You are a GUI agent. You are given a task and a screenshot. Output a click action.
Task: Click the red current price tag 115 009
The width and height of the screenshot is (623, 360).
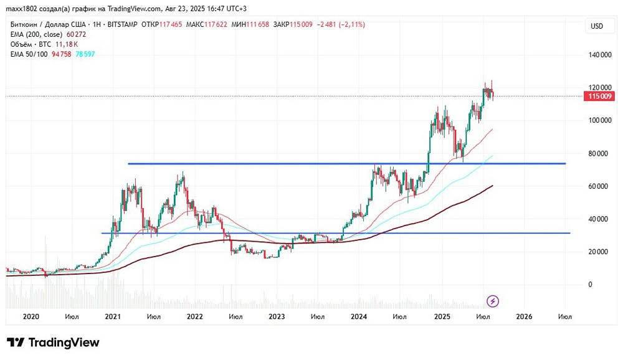pos(599,97)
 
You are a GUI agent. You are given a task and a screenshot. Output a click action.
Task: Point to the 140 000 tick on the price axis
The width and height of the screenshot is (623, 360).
pos(599,55)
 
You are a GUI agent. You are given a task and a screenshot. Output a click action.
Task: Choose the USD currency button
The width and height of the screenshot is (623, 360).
pos(597,26)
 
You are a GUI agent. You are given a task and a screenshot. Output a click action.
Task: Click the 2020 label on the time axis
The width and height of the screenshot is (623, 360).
pos(31,317)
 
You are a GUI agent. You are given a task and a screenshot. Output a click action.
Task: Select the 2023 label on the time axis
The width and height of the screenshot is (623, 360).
pos(277,317)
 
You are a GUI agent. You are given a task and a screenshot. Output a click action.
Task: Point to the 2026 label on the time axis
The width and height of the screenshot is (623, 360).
pos(525,317)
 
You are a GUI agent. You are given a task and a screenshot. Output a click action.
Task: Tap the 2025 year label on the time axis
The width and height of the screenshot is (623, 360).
pos(442,317)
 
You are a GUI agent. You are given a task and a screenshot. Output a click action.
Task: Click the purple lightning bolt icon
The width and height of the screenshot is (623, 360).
pos(493,301)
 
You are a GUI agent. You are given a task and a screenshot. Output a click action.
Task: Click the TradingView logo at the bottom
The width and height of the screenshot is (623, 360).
pos(53,343)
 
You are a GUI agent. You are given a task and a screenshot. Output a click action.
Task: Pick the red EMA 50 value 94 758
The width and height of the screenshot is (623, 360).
pos(61,54)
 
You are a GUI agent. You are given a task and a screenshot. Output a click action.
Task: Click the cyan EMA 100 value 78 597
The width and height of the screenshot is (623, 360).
pos(85,54)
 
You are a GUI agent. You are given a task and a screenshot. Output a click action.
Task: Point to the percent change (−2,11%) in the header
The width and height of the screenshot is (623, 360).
pos(350,24)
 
